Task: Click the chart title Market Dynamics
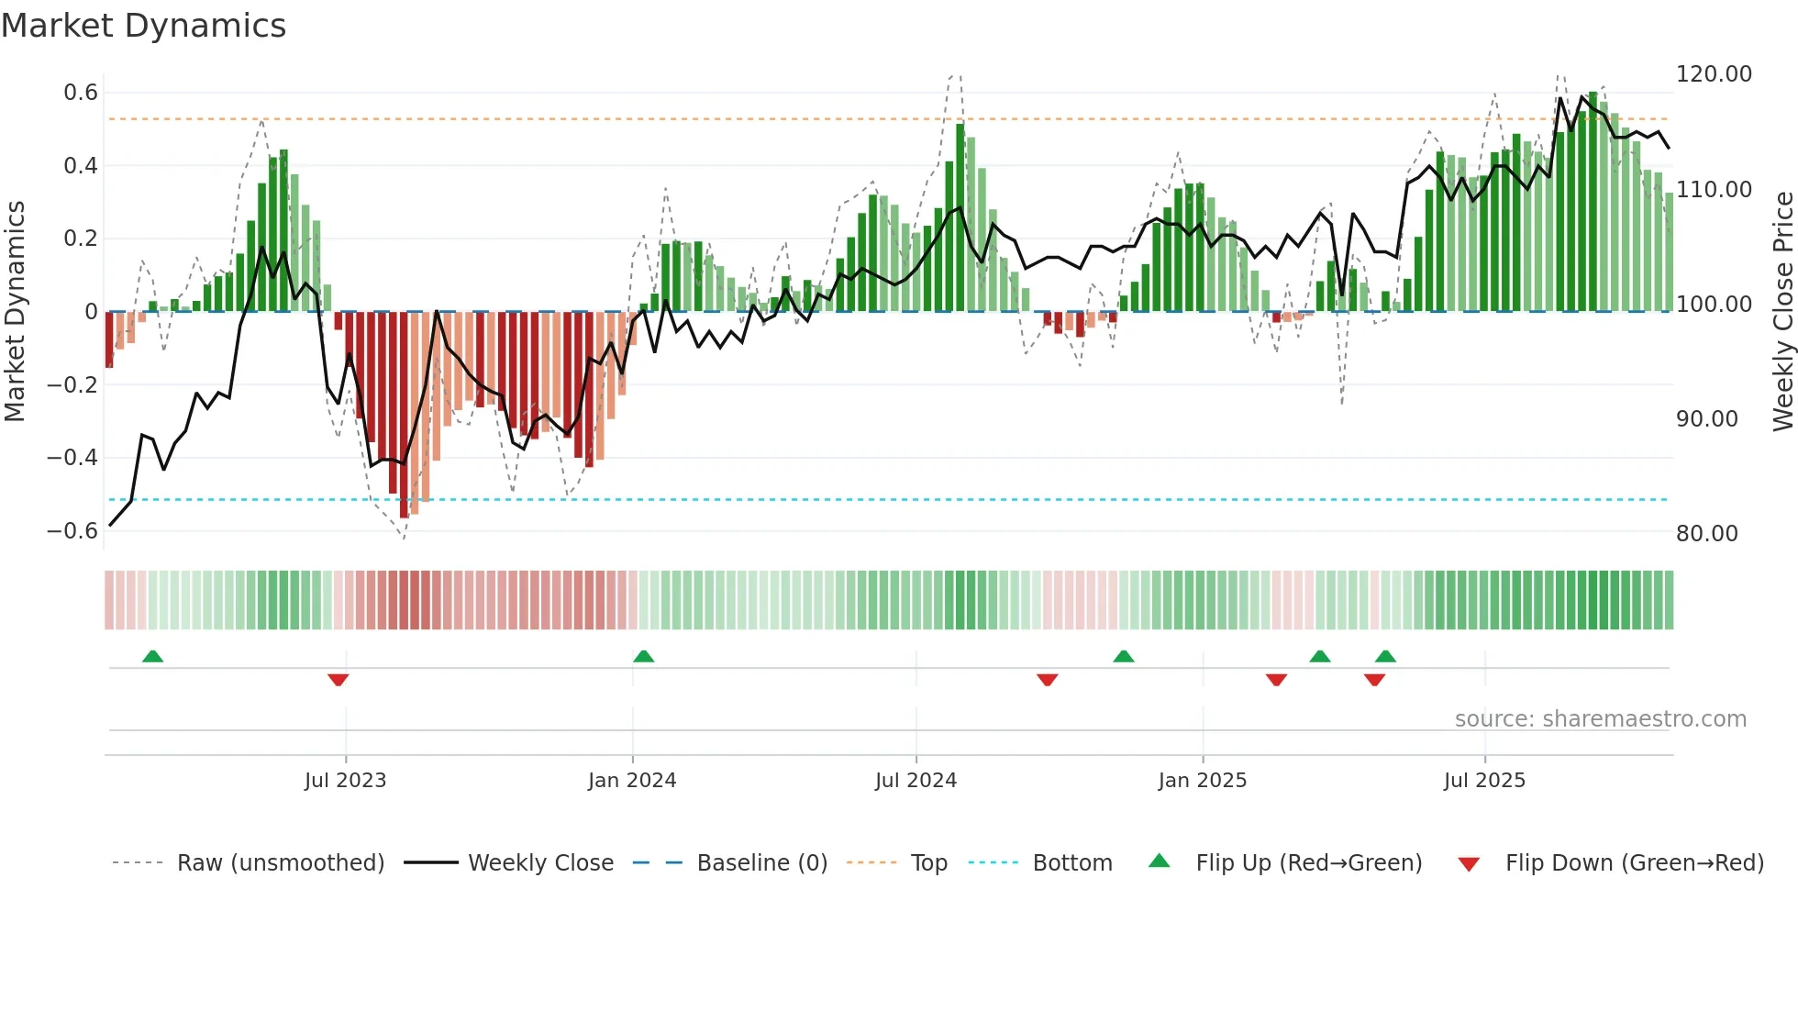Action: point(143,26)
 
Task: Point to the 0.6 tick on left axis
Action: point(81,93)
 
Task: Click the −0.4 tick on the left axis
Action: point(72,458)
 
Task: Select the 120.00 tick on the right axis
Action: point(1714,74)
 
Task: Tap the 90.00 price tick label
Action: point(1706,419)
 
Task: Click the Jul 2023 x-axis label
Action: point(345,781)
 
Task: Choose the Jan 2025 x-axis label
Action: point(1202,781)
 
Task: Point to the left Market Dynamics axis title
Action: point(16,312)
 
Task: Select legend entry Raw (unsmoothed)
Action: point(280,863)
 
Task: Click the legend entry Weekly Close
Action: point(540,863)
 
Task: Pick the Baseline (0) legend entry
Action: point(761,863)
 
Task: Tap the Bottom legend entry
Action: point(1071,863)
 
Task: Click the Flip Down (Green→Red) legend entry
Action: point(1634,863)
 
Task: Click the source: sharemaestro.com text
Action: point(1600,719)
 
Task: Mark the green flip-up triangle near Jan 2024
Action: point(644,657)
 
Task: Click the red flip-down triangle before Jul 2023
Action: point(338,680)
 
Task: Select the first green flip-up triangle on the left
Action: point(153,657)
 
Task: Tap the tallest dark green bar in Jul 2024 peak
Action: point(960,217)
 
